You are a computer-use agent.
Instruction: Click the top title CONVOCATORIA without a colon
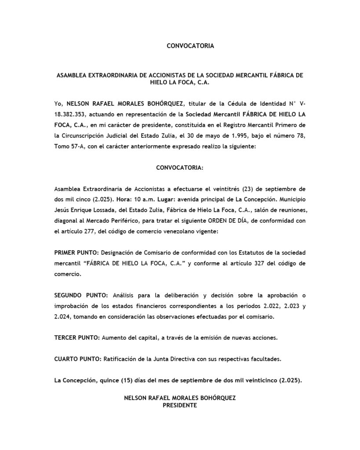pos(190,46)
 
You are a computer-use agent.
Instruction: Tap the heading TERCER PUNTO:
pos(77,337)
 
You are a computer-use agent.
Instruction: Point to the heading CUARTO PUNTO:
pos(78,359)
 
